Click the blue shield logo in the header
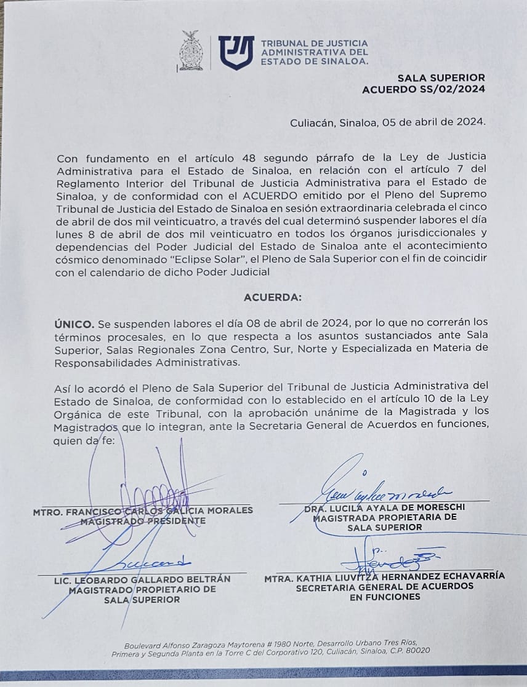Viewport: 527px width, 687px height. (x=236, y=52)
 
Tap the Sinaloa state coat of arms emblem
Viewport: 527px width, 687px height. (x=191, y=51)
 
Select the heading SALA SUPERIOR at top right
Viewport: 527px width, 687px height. (x=441, y=78)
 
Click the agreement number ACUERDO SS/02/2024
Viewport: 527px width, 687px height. (x=423, y=89)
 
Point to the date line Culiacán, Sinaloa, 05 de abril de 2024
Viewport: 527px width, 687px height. (x=388, y=122)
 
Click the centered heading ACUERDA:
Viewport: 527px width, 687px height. (x=273, y=297)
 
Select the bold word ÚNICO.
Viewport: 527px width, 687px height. (x=74, y=322)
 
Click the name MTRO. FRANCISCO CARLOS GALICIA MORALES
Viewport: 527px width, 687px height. (x=143, y=510)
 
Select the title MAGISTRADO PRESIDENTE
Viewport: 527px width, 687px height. (x=143, y=520)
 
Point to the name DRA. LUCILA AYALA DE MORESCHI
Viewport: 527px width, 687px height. (x=385, y=507)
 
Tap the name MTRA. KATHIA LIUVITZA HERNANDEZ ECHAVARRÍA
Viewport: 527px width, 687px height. (x=385, y=576)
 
